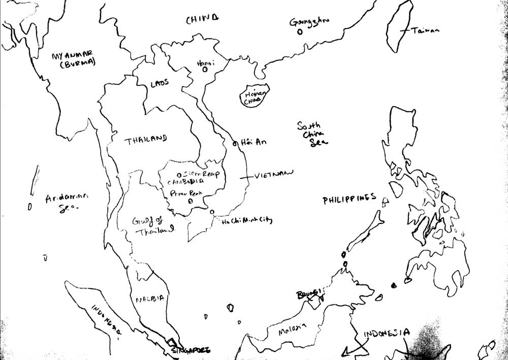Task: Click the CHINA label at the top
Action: click(202, 20)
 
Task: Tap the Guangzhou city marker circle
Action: click(300, 31)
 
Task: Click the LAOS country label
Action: click(160, 83)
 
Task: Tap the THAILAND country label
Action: click(146, 139)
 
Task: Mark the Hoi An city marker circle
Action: click(235, 144)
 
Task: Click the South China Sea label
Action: click(312, 134)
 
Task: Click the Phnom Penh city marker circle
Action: click(190, 201)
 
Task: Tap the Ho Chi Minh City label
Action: click(247, 221)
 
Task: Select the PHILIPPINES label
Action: click(350, 200)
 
